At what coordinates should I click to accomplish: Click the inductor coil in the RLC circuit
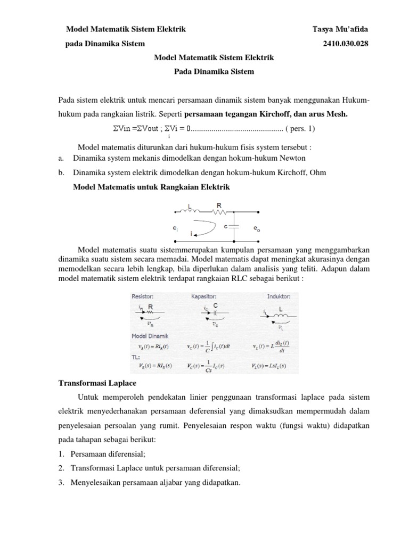coord(190,213)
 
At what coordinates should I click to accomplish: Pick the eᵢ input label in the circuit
coord(175,228)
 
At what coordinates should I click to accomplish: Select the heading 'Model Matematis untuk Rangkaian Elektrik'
coord(151,187)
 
